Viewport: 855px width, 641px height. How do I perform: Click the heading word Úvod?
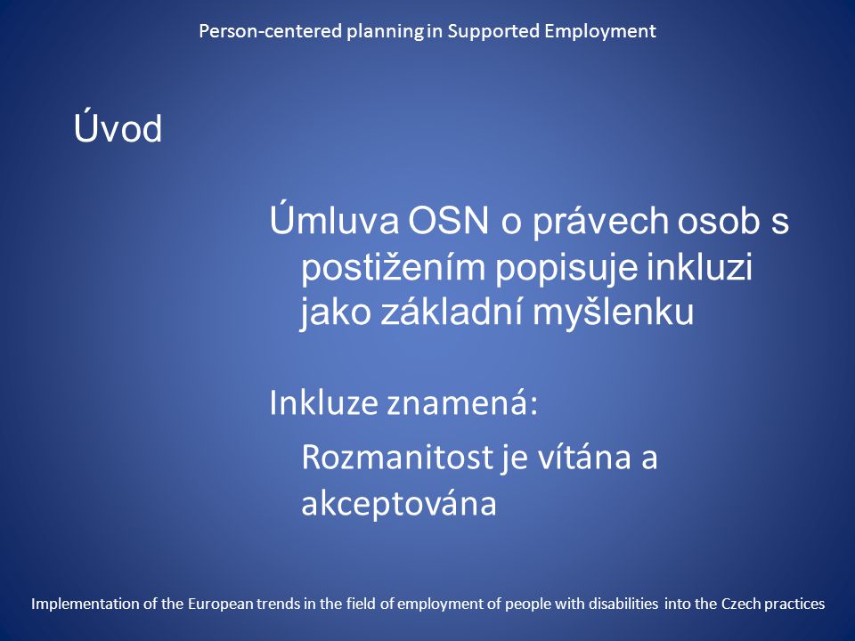tap(118, 128)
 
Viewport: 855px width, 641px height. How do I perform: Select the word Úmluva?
tap(334, 220)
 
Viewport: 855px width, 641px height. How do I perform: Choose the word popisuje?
tap(566, 268)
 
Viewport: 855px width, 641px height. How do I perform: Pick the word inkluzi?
tap(700, 266)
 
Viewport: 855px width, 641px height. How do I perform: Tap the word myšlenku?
tap(614, 312)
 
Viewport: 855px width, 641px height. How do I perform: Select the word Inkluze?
tap(323, 402)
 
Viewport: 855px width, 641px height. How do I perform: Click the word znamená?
tap(462, 402)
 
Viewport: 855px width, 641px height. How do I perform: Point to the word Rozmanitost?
tap(397, 457)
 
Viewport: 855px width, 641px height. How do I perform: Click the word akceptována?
tap(399, 502)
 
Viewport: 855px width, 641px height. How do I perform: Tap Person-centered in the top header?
tap(271, 30)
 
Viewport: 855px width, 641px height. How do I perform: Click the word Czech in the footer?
tap(741, 604)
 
